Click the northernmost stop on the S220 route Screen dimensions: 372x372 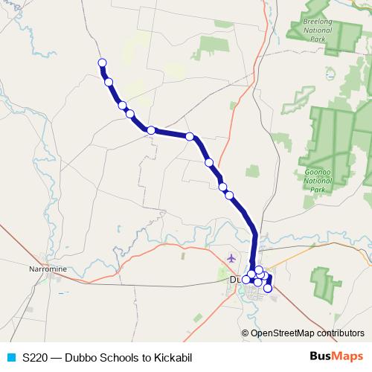[102, 62]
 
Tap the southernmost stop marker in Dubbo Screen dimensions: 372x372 [268, 288]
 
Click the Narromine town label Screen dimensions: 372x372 [48, 268]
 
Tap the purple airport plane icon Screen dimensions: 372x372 [231, 258]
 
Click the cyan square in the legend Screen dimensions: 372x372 [10, 357]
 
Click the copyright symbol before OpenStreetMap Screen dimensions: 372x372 [246, 333]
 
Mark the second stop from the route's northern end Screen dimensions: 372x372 [109, 82]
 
